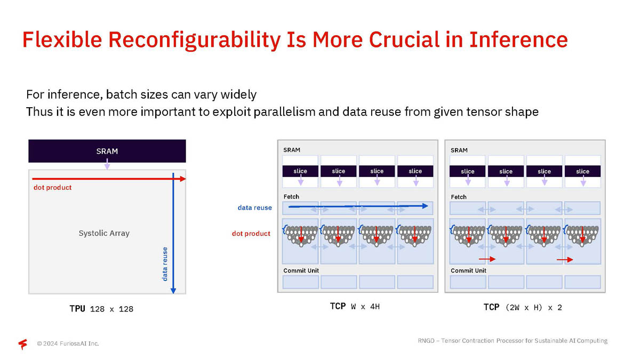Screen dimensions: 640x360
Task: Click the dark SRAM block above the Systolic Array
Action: pos(107,151)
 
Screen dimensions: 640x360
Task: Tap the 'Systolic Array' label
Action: pos(104,233)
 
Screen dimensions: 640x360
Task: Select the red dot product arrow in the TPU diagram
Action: pos(109,179)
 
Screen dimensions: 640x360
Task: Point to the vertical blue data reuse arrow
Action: pos(173,233)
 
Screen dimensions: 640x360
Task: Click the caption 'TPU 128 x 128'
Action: pos(101,309)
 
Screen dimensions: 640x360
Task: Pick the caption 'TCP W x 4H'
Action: pos(355,307)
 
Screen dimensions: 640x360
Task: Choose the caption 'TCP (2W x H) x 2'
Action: pos(523,307)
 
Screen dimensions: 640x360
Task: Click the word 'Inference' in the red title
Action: pos(518,39)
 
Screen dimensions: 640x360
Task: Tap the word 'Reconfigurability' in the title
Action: pos(195,40)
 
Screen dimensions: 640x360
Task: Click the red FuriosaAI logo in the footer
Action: pos(23,343)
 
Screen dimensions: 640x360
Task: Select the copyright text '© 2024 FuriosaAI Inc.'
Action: pos(68,343)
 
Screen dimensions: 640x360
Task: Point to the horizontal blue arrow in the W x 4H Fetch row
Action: pos(358,206)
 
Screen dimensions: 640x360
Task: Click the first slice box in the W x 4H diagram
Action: pos(300,171)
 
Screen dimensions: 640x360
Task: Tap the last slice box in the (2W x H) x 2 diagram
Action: pos(582,171)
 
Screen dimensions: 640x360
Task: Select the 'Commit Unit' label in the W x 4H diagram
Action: pos(301,270)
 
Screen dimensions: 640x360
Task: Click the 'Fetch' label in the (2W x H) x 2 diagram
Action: pos(459,197)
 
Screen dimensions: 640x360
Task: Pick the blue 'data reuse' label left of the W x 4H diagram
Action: pos(255,207)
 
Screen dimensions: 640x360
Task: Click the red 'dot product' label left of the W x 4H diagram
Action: pos(251,234)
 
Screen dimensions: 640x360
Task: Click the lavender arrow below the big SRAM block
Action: pos(107,164)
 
